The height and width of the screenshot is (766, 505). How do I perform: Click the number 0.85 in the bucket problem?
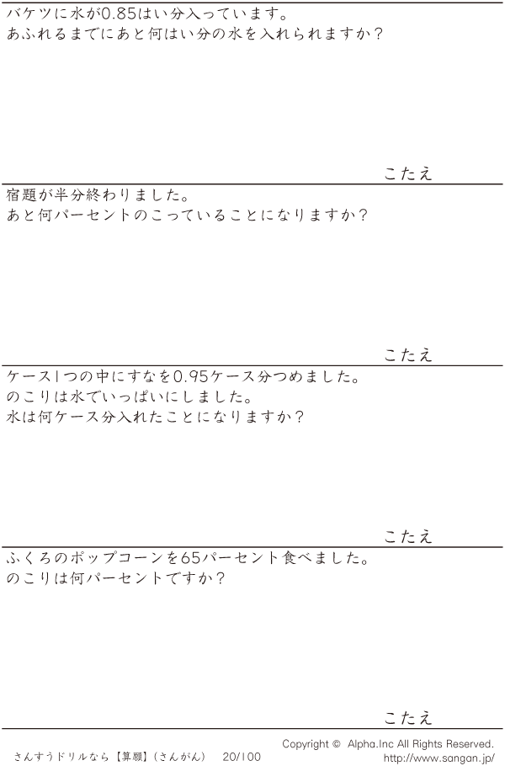click(120, 13)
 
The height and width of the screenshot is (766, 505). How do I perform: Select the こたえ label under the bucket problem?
click(408, 173)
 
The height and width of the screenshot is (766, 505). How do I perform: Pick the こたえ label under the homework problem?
click(408, 354)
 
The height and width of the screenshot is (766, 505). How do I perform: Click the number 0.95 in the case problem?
click(193, 376)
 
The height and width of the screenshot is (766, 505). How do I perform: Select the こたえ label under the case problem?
click(408, 536)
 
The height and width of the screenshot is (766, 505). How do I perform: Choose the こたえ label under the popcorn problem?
click(408, 717)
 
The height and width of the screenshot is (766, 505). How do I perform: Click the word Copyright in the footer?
click(306, 744)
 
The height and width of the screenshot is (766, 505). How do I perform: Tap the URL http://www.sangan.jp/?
click(439, 758)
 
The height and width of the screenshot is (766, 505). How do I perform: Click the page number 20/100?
click(242, 757)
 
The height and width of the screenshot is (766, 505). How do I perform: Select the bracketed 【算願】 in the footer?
click(132, 757)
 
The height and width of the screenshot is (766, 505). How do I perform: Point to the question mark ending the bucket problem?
click(377, 35)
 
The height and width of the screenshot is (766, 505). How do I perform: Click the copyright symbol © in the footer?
click(336, 744)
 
